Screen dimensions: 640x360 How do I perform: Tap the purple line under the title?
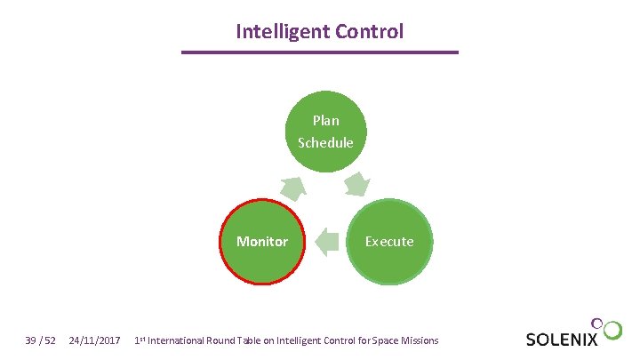tap(320, 52)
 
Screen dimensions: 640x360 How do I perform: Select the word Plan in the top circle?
tap(325, 120)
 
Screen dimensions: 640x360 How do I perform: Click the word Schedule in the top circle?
tap(325, 142)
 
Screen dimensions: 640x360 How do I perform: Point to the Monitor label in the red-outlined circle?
tap(262, 242)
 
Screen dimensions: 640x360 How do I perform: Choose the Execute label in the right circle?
tap(388, 242)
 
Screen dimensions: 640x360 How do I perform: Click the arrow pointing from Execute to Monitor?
tap(326, 242)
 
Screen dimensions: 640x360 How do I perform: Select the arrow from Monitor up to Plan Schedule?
tap(293, 188)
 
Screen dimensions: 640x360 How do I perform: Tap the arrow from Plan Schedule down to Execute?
tap(356, 186)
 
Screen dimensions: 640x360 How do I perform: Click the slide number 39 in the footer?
tap(32, 340)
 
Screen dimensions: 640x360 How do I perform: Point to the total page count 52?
tap(51, 340)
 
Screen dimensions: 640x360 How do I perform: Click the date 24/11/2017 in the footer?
tap(95, 340)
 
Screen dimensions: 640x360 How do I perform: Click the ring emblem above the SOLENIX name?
tap(610, 328)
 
